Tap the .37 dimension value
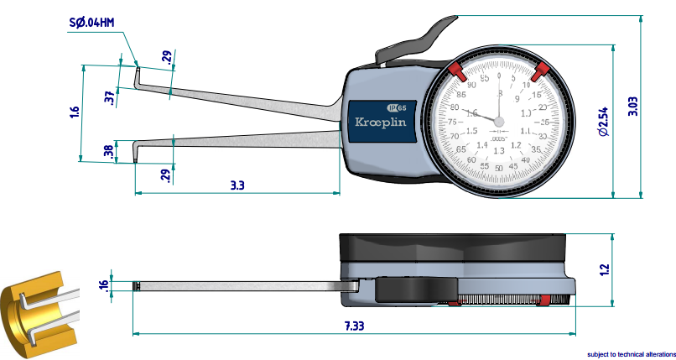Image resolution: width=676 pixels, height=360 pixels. coord(109,97)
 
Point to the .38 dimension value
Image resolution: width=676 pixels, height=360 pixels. coord(109,151)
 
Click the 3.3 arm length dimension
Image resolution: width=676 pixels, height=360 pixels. coord(237,185)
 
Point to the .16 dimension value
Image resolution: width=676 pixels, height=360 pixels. coord(104,285)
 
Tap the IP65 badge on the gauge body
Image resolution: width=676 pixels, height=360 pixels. coord(397,107)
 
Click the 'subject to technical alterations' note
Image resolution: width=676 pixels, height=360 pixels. coord(631,354)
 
